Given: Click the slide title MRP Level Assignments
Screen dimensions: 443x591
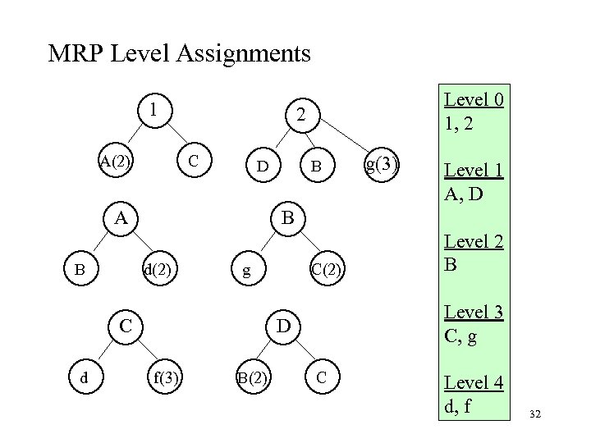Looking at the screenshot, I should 179,55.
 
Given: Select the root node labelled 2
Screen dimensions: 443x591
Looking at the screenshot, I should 301,117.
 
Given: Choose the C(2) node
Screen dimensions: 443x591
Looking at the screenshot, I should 327,269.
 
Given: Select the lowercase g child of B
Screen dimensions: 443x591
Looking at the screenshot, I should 245,269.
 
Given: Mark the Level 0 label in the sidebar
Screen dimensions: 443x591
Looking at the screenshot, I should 474,101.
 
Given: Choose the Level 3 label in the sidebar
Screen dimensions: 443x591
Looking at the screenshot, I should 474,311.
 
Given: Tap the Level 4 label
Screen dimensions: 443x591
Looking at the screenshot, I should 474,381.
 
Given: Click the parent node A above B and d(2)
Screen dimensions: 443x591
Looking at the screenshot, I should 121,217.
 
